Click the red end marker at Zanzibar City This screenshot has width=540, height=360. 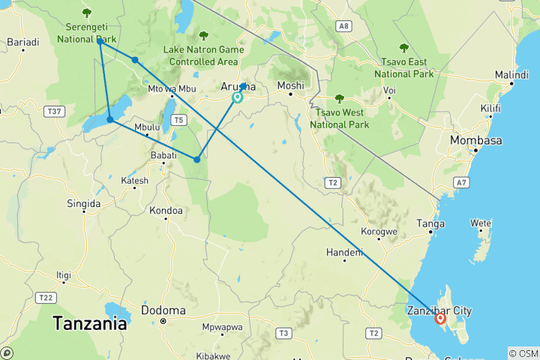[x=440, y=319]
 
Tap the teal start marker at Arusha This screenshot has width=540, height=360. [x=238, y=97]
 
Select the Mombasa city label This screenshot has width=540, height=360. [x=476, y=140]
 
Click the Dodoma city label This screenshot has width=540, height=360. [x=163, y=310]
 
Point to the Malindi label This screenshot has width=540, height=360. [x=511, y=75]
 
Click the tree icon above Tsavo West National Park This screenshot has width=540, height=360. [x=339, y=98]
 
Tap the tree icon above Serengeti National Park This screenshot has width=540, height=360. [x=87, y=12]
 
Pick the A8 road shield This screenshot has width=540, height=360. [x=344, y=26]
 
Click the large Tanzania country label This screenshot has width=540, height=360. [x=89, y=324]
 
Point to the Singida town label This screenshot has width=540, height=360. [x=83, y=203]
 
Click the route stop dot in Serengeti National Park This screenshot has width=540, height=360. [x=100, y=41]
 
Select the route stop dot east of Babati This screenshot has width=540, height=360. [x=197, y=159]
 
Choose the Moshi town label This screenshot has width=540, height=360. [x=290, y=85]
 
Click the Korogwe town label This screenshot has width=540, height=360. [x=379, y=232]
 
